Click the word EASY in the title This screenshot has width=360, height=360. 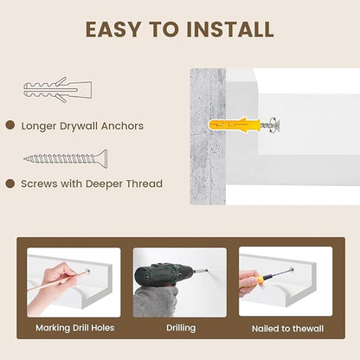coord(113,29)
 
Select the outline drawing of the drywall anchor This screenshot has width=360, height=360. coord(58,90)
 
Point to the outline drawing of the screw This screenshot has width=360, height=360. coord(66,158)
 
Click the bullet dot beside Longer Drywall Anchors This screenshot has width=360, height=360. coord(10,125)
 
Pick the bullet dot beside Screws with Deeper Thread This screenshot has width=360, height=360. coord(10,183)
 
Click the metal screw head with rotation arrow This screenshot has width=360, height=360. coord(273,125)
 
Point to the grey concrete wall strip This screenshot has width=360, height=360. coord(208,137)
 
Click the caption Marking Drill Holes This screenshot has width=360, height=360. coord(75,328)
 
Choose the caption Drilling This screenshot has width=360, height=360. coord(181,328)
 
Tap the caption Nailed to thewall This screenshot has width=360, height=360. coord(287,329)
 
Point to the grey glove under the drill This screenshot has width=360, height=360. coord(156,300)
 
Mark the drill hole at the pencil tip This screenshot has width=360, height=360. coord(87,272)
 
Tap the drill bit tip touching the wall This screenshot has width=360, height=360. coord(205,271)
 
